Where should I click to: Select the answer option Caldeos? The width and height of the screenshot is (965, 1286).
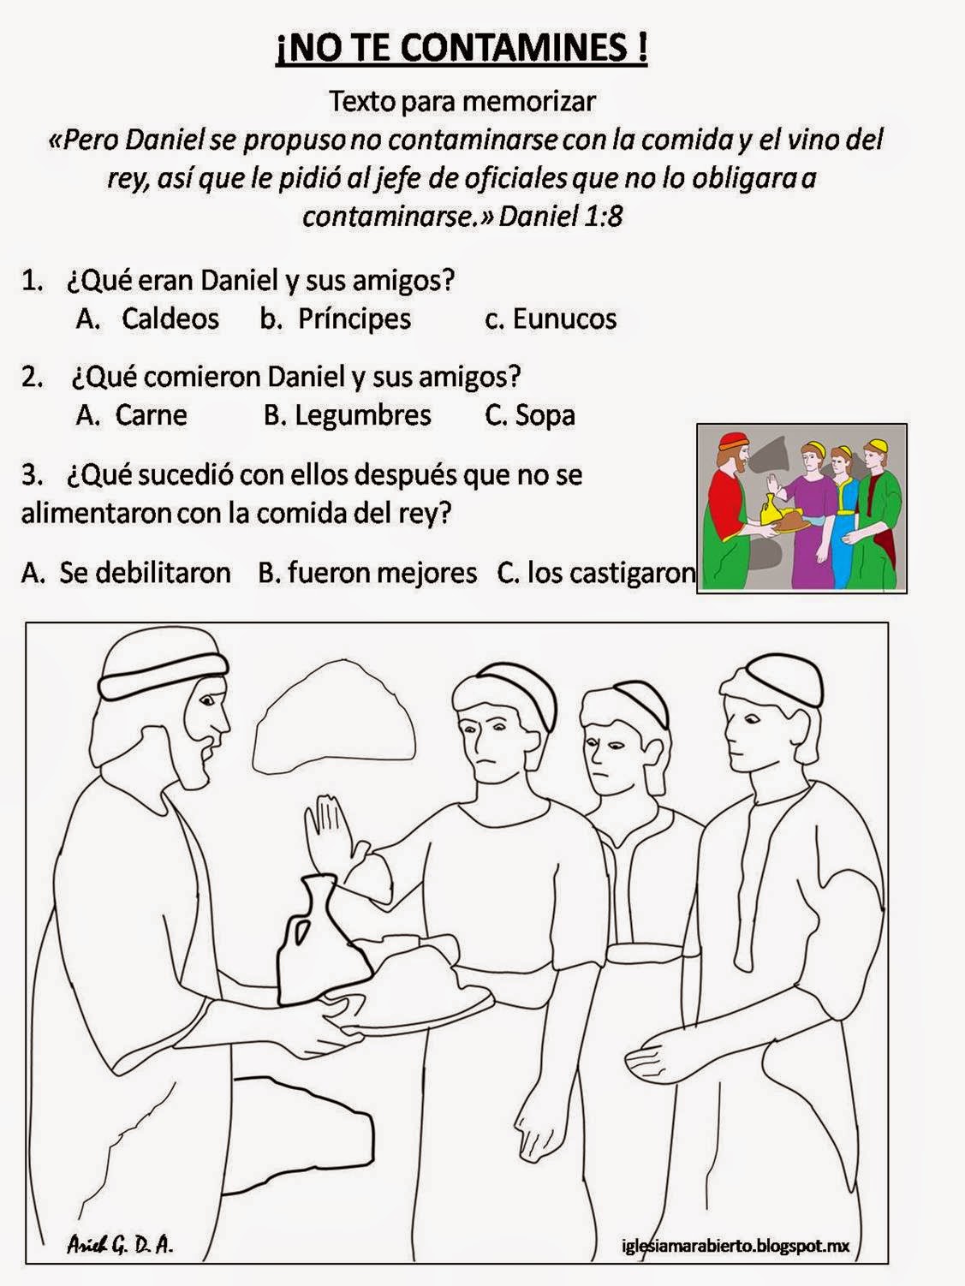(170, 319)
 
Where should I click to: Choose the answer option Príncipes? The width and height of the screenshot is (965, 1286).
(354, 319)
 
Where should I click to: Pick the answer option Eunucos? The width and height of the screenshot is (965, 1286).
(564, 319)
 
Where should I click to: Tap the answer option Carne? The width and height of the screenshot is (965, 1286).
(151, 415)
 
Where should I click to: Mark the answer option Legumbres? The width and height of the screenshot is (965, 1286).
(362, 415)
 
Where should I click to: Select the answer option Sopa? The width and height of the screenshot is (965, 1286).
(545, 415)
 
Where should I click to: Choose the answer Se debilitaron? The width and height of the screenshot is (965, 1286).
(144, 572)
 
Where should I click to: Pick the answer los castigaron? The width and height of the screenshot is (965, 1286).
(611, 572)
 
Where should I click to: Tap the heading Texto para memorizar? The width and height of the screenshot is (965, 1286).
(462, 101)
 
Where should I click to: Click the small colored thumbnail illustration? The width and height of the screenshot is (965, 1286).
(801, 508)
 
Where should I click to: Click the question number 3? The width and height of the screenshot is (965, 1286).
(31, 474)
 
